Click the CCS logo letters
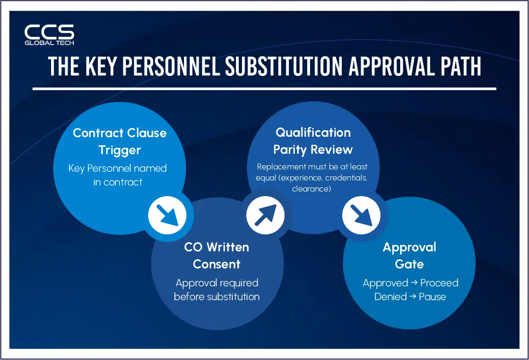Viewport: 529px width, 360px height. coord(49,32)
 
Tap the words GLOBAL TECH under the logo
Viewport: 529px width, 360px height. coord(49,43)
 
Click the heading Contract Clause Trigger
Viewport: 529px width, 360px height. coord(120,141)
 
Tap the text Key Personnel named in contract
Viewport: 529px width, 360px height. coord(118,175)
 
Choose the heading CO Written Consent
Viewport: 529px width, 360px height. coord(217,255)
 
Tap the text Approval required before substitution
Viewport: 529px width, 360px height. coord(217,290)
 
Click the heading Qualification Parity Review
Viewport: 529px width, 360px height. coord(313,141)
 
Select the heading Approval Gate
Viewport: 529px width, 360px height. coord(409,255)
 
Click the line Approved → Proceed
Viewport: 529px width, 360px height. coord(410,283)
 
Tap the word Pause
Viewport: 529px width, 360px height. coord(432,296)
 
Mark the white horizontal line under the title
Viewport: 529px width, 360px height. coord(264,89)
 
